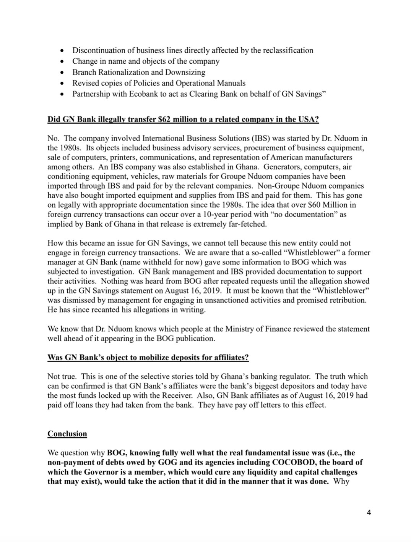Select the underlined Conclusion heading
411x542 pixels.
(x=67, y=434)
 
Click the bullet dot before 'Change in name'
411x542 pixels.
(x=62, y=62)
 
